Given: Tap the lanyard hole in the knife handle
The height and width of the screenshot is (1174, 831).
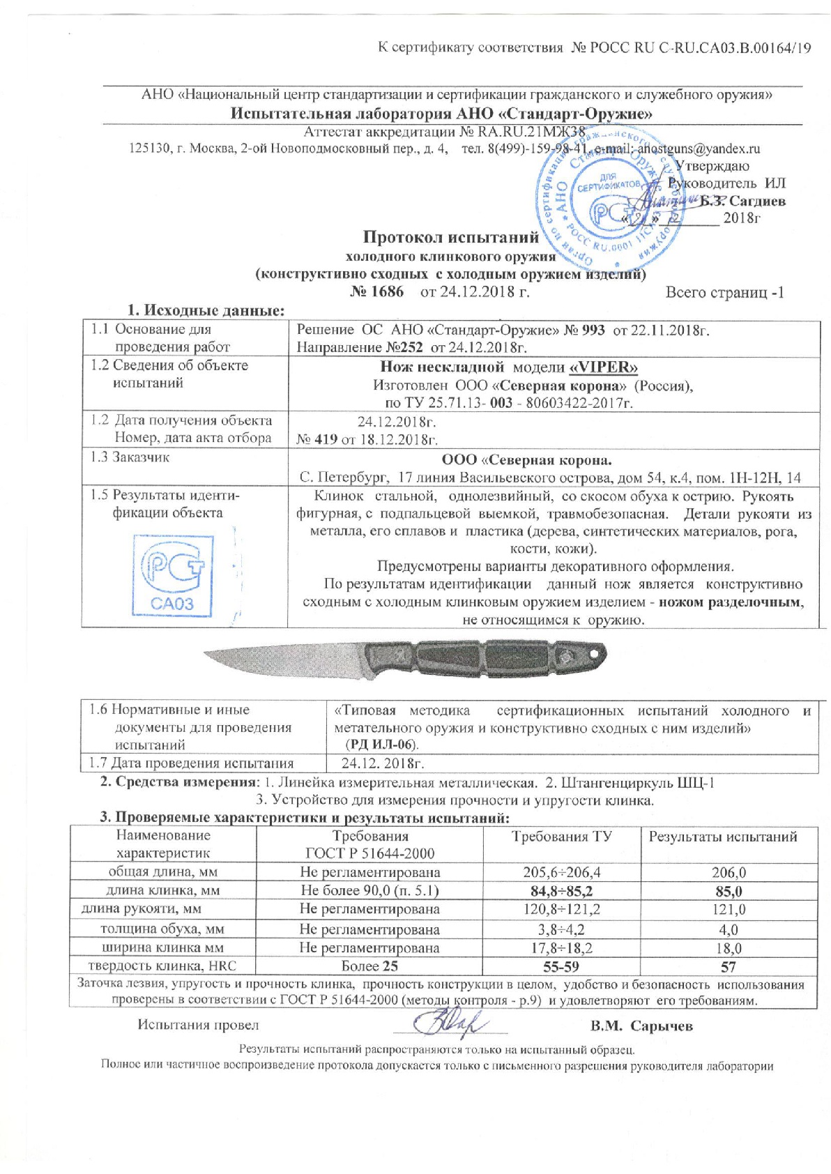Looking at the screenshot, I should pos(594,653).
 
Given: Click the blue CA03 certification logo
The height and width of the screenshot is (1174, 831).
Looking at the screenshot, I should pos(172,574).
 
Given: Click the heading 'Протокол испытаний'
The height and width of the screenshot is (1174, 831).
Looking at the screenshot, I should pos(450,237).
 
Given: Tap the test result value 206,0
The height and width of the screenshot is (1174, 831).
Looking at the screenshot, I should pos(728,872).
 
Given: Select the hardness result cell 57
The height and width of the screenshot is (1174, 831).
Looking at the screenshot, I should pos(728,966).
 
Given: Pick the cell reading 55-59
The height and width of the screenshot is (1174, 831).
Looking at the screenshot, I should pos(561,966).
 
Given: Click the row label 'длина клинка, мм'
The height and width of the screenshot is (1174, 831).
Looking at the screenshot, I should pos(162,890).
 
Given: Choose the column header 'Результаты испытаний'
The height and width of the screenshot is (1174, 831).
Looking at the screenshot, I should pos(722,837).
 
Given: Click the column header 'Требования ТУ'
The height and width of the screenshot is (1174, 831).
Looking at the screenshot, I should pos(561,837).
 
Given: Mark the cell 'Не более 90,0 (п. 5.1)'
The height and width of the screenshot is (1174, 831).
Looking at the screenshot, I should pos(369,890).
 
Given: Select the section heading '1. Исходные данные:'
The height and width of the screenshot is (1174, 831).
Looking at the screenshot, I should pos(206,310).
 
